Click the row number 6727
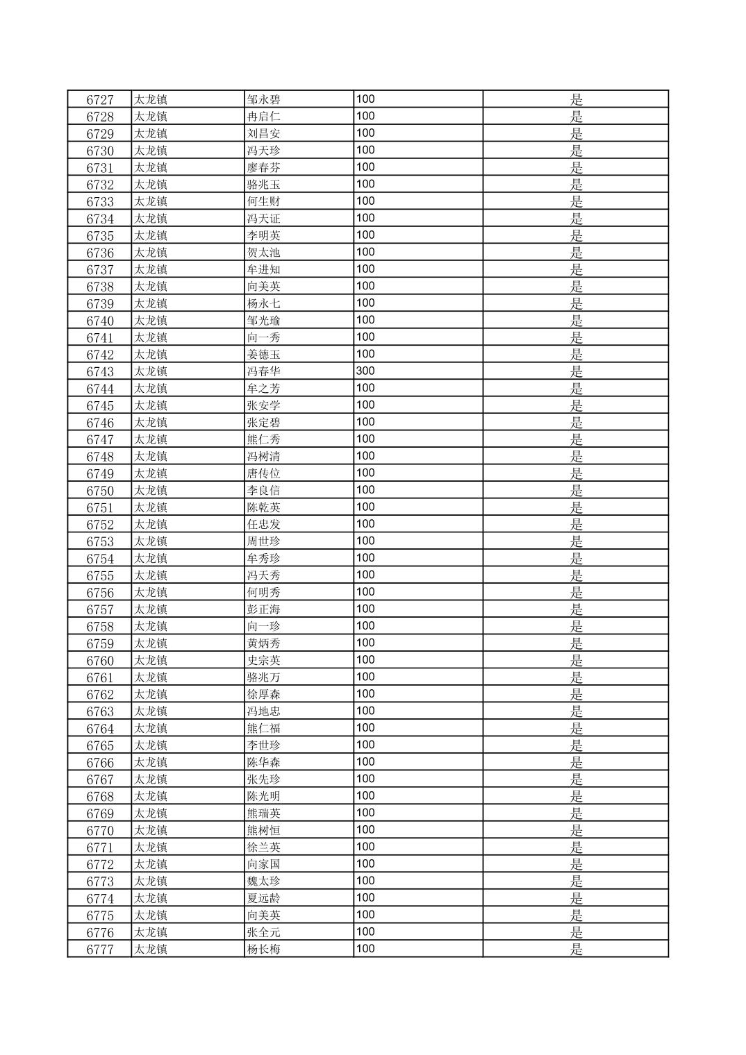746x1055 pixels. click(100, 99)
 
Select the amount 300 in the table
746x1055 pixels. click(365, 371)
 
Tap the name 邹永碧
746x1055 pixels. click(264, 99)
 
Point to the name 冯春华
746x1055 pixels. click(264, 371)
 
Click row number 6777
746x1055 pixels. click(100, 949)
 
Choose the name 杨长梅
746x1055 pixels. click(264, 949)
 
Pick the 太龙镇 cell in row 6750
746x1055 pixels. click(151, 491)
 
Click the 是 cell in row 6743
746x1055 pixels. click(577, 371)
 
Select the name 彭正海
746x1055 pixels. click(264, 609)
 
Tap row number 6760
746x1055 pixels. click(100, 661)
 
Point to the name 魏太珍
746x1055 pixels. click(264, 881)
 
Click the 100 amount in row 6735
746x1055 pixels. click(365, 235)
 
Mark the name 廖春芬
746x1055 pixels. click(264, 167)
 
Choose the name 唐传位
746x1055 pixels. click(264, 473)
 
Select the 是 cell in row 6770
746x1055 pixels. click(577, 830)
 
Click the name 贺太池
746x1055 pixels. click(264, 253)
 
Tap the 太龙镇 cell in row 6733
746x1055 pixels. click(151, 201)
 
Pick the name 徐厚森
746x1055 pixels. click(264, 695)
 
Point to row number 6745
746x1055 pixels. click(100, 405)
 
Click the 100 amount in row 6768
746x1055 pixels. click(365, 795)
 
